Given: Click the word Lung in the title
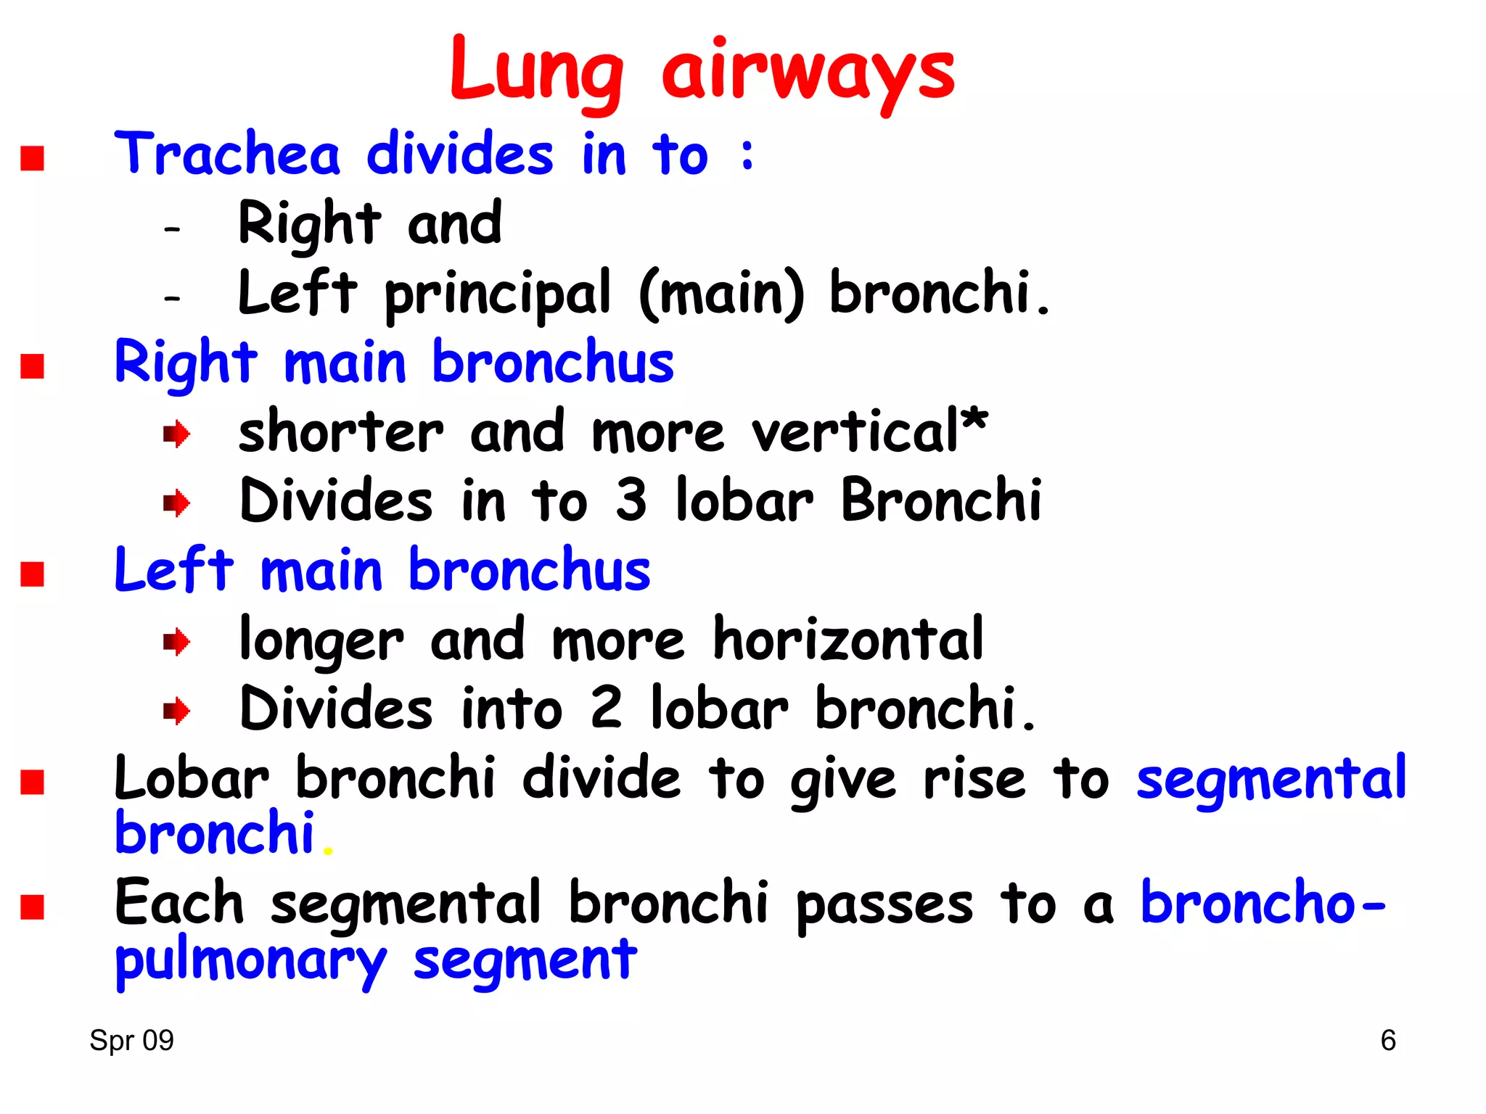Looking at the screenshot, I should tap(536, 72).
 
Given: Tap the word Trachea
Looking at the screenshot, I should tap(227, 154).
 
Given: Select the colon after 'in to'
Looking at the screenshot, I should tap(747, 154).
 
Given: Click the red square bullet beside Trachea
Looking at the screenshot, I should tap(33, 158).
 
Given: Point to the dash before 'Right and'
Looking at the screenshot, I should tap(172, 230).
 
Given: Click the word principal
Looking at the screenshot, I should tap(498, 294).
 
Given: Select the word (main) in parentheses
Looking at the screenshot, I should tap(721, 294).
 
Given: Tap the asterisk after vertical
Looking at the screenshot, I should tap(974, 418).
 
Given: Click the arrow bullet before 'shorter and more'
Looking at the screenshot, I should tap(176, 435).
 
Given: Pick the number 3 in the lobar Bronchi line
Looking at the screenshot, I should tap(631, 500).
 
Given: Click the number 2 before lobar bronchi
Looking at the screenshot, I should tap(606, 707).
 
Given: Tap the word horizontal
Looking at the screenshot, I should tap(848, 639).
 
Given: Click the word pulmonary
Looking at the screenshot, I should tap(251, 962).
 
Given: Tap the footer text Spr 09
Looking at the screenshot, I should tap(131, 1041).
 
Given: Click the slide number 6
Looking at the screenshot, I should tap(1387, 1041).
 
